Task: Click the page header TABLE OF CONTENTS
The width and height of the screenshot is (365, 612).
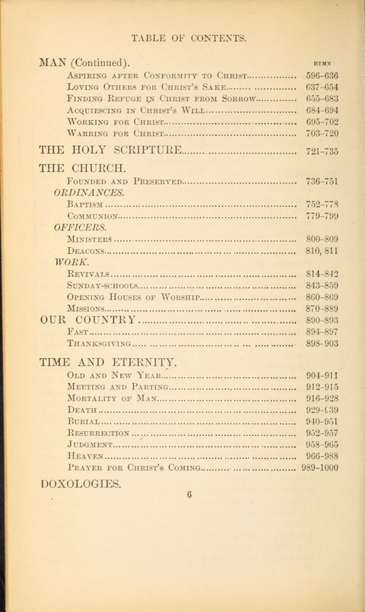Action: click(188, 36)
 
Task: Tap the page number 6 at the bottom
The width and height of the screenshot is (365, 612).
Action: click(189, 494)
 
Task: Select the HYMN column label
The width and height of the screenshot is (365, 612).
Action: click(321, 65)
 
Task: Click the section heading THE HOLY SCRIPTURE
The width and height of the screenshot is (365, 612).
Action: click(110, 150)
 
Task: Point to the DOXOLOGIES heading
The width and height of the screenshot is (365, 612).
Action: click(80, 484)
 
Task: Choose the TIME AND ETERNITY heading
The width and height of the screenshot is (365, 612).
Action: click(107, 362)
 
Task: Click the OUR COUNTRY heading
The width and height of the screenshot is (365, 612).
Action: click(87, 320)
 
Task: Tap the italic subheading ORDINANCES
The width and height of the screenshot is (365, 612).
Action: click(89, 193)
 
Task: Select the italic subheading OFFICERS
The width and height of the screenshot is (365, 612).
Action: click(80, 227)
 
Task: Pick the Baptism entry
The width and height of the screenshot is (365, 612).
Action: click(84, 205)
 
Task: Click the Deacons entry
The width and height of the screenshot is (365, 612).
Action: click(87, 250)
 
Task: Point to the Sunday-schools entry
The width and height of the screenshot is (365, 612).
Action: click(103, 285)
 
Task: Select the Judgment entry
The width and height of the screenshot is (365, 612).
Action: click(90, 444)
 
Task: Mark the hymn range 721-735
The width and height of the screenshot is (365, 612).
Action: click(322, 151)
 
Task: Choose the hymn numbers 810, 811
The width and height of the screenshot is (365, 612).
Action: click(322, 250)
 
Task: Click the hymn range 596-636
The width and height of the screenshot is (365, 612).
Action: click(322, 76)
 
